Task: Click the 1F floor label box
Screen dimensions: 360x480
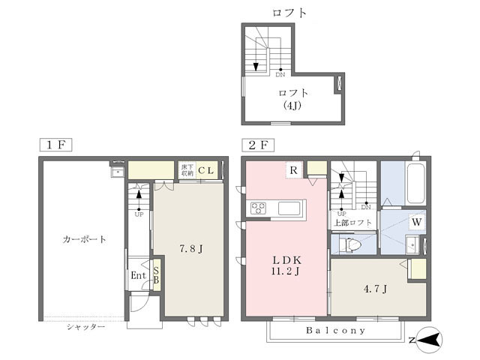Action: pyautogui.click(x=55, y=145)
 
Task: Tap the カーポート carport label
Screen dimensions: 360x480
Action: pyautogui.click(x=84, y=240)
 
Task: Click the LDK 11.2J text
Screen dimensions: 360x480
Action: pyautogui.click(x=286, y=265)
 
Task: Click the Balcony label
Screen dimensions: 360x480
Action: pyautogui.click(x=335, y=330)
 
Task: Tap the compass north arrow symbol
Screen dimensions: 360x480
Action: pyautogui.click(x=429, y=340)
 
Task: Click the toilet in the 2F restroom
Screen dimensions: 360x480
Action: pyautogui.click(x=350, y=244)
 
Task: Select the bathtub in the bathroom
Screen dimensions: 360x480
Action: pyautogui.click(x=415, y=184)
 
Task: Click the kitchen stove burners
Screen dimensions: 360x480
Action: pyautogui.click(x=259, y=208)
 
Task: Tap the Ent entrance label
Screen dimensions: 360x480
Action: pyautogui.click(x=138, y=275)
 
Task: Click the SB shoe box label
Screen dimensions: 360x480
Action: pyautogui.click(x=156, y=274)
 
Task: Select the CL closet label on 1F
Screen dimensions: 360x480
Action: pyautogui.click(x=205, y=170)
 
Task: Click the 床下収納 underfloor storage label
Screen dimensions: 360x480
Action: pyautogui.click(x=187, y=170)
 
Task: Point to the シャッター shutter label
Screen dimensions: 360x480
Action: pyautogui.click(x=85, y=327)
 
